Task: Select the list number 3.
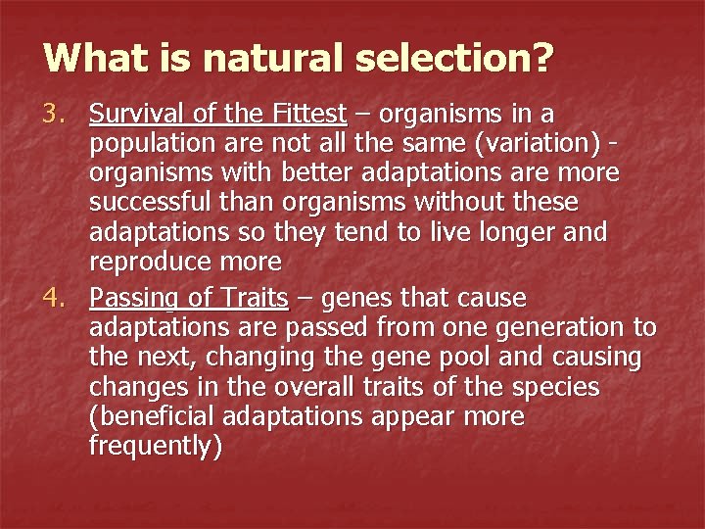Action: click(x=55, y=116)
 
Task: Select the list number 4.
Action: click(x=55, y=298)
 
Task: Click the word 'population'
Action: click(x=141, y=146)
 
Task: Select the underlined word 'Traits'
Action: click(x=254, y=298)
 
